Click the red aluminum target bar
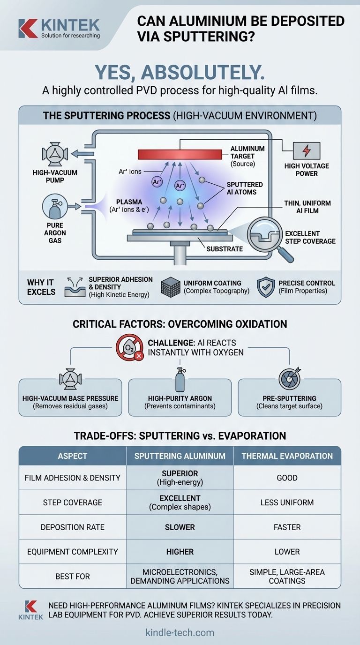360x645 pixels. (x=180, y=154)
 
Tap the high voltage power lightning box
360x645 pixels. (x=307, y=150)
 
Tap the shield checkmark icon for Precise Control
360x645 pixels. (x=266, y=287)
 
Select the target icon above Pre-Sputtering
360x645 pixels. (x=289, y=379)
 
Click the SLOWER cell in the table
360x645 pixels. (x=180, y=527)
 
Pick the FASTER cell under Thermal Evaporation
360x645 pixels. (x=287, y=527)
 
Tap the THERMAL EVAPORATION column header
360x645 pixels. (x=287, y=456)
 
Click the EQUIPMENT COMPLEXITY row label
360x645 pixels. (x=72, y=551)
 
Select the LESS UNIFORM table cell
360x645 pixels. (x=287, y=502)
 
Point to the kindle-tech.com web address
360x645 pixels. (x=180, y=632)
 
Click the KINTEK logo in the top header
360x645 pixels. (x=59, y=28)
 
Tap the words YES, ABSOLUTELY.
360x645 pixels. (x=180, y=72)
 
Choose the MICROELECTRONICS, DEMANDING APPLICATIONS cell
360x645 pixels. (x=180, y=576)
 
